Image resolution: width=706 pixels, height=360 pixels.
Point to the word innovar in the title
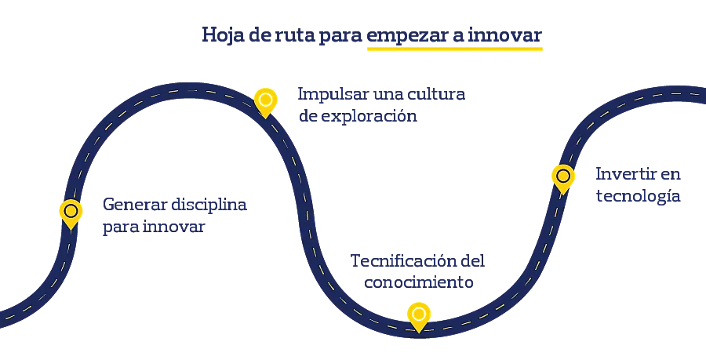[x=511, y=36]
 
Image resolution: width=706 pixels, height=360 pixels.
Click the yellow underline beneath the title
[x=454, y=49]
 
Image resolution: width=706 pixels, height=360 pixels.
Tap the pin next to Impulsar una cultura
[x=266, y=100]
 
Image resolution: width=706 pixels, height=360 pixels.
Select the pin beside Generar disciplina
[x=71, y=212]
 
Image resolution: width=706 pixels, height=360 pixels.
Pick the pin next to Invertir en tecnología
[x=562, y=176]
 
